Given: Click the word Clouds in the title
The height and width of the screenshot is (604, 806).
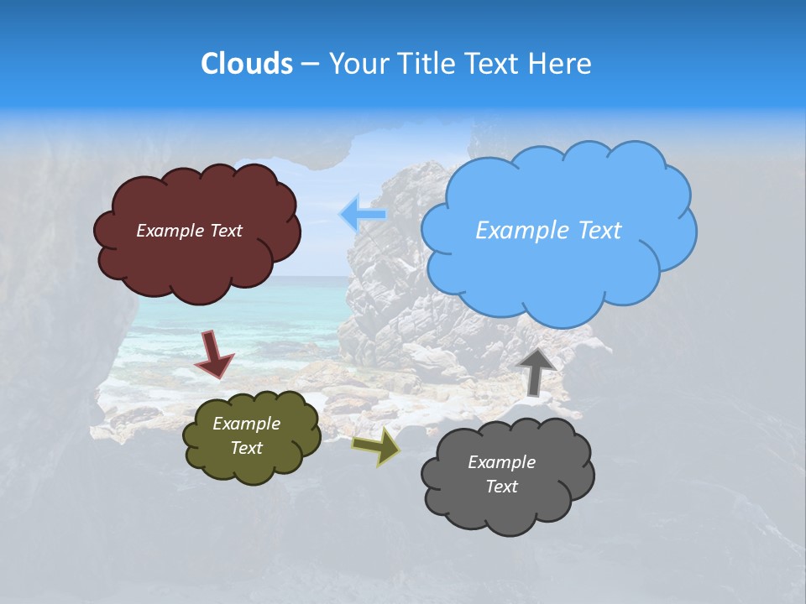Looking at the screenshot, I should (x=247, y=63).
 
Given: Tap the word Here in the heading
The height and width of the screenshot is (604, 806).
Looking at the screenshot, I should (x=562, y=63).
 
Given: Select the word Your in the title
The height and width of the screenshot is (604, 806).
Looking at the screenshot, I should (x=359, y=63).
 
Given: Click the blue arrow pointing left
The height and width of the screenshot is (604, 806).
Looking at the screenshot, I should (x=362, y=215).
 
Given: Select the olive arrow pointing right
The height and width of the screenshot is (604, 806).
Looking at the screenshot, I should (x=376, y=446).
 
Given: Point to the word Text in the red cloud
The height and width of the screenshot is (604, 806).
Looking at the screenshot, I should (x=226, y=231).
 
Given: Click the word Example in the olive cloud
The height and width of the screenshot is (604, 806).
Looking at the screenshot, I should (x=246, y=424).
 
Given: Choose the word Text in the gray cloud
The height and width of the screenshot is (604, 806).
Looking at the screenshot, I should (x=501, y=487).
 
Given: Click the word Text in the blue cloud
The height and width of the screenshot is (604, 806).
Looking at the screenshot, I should (x=600, y=230).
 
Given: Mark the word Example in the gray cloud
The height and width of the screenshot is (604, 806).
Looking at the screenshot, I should (x=501, y=462).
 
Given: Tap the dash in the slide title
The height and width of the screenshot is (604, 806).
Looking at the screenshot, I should (x=310, y=64).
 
